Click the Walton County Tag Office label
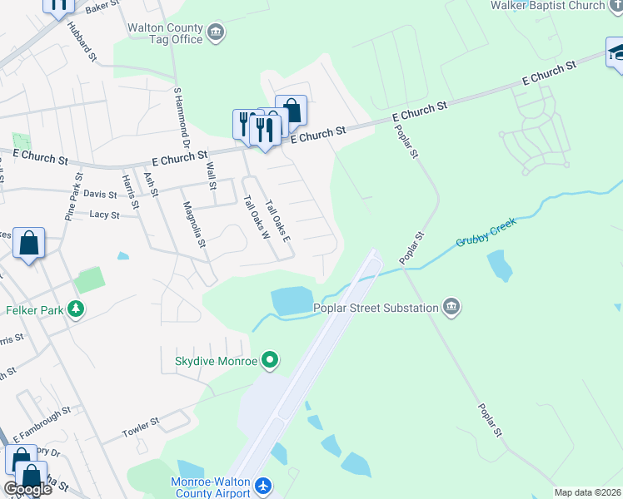pos(165,33)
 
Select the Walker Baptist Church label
pos(559,6)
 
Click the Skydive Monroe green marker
pos(269,361)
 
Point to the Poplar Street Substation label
pos(376,308)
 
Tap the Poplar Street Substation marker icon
pos(451,308)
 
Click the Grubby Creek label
pos(486,232)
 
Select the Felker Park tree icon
pos(76,310)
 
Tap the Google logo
pos(27,489)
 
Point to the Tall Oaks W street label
pos(255,217)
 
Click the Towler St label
pos(140,428)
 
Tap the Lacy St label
pos(104,215)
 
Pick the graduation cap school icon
pos(617,52)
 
